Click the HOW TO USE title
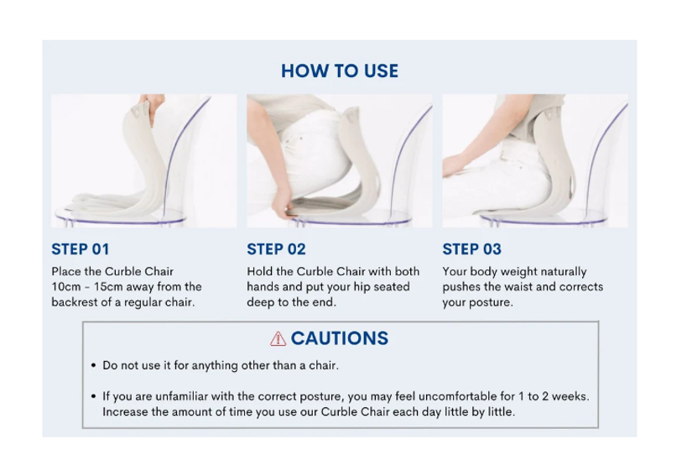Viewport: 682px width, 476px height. [x=339, y=71]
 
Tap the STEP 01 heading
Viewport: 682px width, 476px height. [x=80, y=249]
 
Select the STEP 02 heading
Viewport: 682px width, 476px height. [x=276, y=249]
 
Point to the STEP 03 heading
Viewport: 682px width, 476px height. [x=472, y=249]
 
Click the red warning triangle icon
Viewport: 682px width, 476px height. [x=278, y=338]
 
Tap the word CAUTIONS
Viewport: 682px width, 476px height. [x=339, y=338]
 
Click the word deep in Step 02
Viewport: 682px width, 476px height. [x=259, y=303]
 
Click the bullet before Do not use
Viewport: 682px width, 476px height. [x=93, y=365]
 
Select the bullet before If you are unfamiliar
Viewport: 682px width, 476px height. [x=93, y=396]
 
